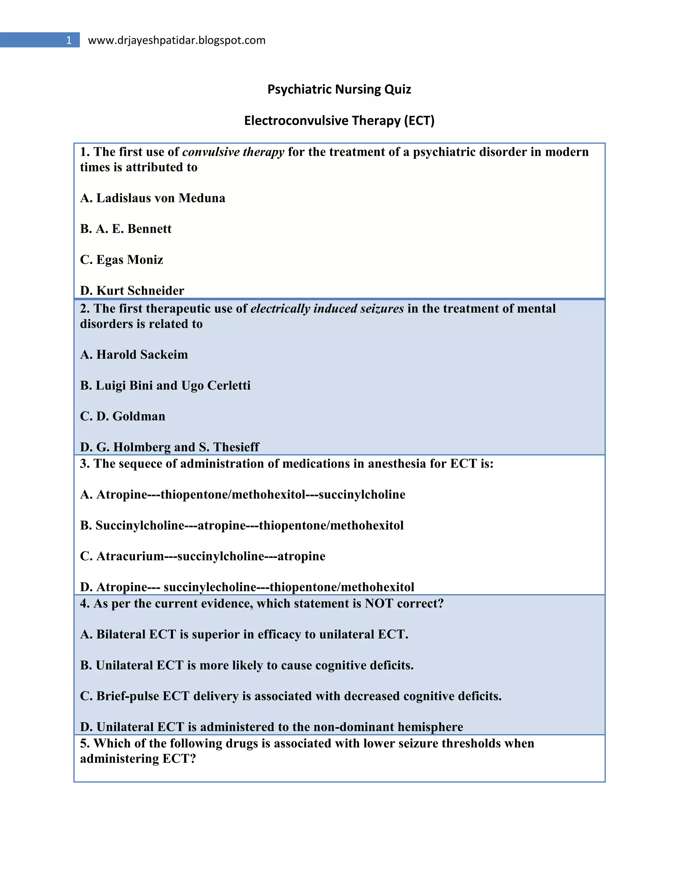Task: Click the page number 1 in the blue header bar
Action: coord(69,40)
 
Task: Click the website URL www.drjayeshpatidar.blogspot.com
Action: coord(177,40)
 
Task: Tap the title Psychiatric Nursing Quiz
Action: coord(339,89)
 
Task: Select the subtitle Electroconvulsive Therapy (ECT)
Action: coord(339,120)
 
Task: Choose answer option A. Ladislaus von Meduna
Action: coord(153,198)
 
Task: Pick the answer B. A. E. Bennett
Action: coord(126,229)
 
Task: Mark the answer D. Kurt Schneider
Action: coord(132,290)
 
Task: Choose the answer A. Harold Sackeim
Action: coord(134,355)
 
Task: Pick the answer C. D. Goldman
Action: coord(122,416)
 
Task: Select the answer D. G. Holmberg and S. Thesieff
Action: coord(169,447)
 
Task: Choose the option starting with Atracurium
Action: coord(202,556)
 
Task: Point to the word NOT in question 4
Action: coord(378,604)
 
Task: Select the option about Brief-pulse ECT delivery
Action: coord(290,696)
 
